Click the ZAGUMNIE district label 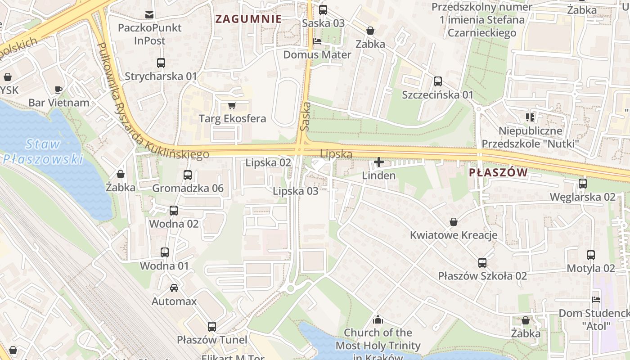[x=248, y=19]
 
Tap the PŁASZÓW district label [x=498, y=173]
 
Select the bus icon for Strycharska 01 [x=161, y=63]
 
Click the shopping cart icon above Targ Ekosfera [x=232, y=106]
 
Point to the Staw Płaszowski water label [x=43, y=151]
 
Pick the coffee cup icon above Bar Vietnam [x=58, y=90]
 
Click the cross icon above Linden [x=379, y=162]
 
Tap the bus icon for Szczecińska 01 [x=438, y=81]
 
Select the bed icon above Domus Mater [x=317, y=41]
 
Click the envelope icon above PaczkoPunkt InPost [x=149, y=15]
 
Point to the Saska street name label [x=305, y=117]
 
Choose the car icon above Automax [x=174, y=288]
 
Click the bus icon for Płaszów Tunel [x=212, y=327]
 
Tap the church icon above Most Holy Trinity [x=378, y=319]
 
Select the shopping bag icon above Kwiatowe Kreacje [x=454, y=222]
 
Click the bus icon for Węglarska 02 [x=583, y=184]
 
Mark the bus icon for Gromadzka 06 [x=188, y=175]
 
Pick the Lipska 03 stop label [x=296, y=191]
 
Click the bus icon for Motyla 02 [x=591, y=255]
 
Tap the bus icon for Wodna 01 [x=165, y=252]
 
